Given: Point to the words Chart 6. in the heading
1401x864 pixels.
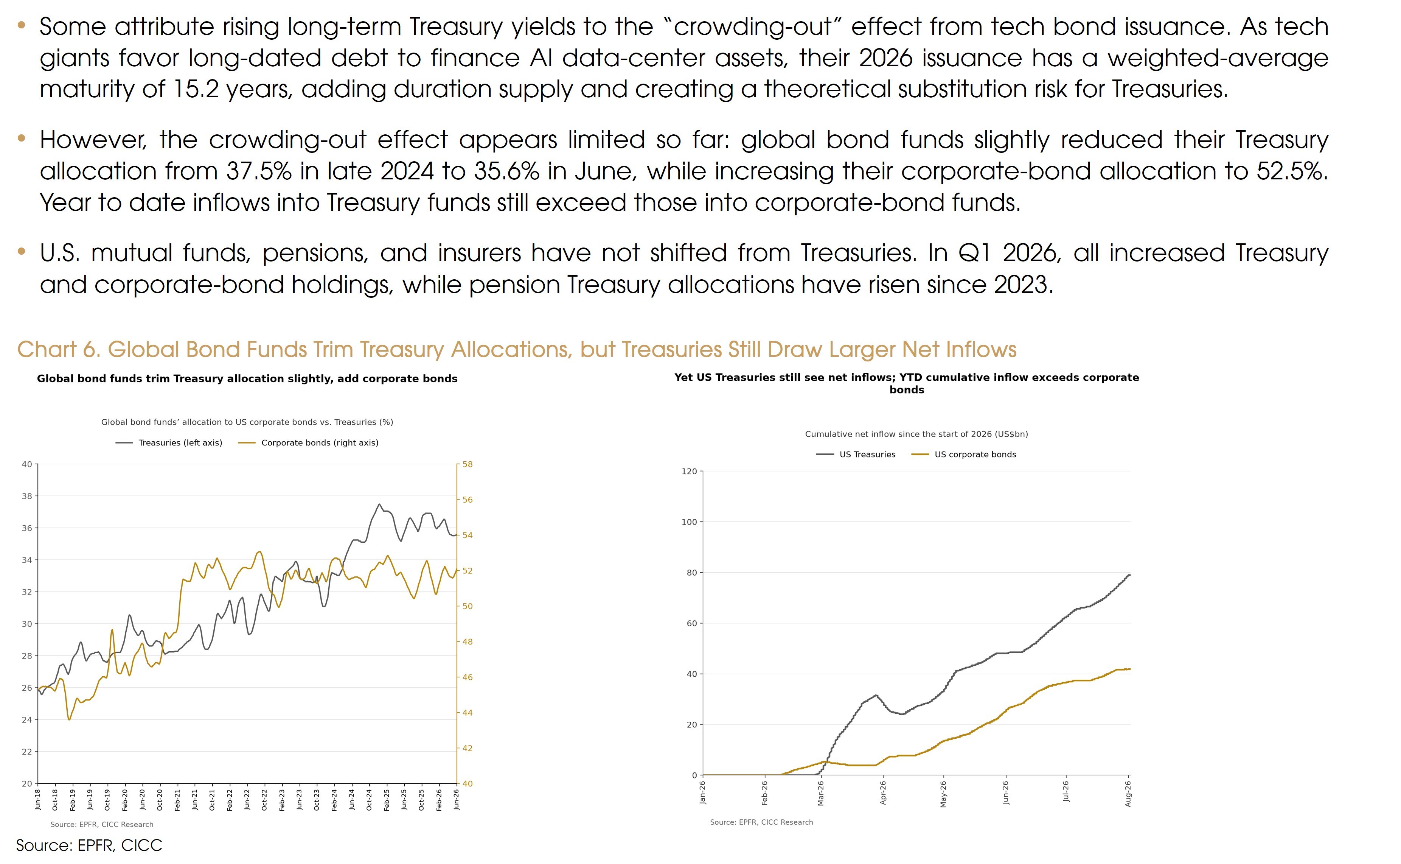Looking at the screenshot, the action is pyautogui.click(x=59, y=349).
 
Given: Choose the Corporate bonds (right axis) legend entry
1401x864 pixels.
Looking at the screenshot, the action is pyautogui.click(x=308, y=443).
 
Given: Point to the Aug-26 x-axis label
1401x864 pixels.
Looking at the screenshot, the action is pyautogui.click(x=1128, y=794).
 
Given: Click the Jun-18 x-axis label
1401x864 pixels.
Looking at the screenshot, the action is pyautogui.click(x=38, y=798).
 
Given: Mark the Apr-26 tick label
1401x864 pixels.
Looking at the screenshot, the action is pyautogui.click(x=883, y=793).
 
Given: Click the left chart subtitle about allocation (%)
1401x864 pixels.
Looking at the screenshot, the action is pyautogui.click(x=247, y=422).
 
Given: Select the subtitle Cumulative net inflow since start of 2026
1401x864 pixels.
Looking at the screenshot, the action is pyautogui.click(x=916, y=434).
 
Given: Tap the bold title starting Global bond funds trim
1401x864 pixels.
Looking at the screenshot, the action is pyautogui.click(x=247, y=379).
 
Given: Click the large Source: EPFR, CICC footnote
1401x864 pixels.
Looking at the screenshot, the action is pyautogui.click(x=89, y=845).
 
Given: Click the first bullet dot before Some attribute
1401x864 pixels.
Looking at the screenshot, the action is pyautogui.click(x=22, y=25).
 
